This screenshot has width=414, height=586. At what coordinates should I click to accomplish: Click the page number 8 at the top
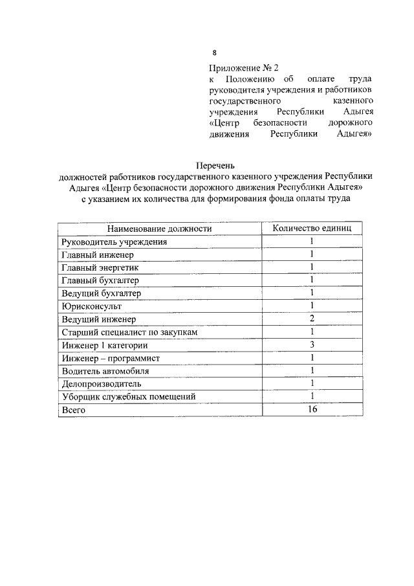[x=215, y=53]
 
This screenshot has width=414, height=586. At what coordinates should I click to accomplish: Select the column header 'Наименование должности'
[x=159, y=229]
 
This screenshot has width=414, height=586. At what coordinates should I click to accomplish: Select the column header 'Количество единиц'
[x=311, y=229]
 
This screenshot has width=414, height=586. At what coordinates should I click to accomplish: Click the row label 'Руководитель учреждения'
[x=114, y=242]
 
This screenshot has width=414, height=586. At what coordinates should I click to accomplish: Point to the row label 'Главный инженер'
[x=98, y=254]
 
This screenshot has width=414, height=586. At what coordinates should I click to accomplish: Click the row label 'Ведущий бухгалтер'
[x=101, y=293]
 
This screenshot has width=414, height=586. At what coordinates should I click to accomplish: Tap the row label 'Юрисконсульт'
[x=91, y=306]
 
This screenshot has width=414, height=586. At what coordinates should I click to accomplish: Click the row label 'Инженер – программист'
[x=111, y=358]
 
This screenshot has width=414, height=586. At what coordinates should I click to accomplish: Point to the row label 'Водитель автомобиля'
[x=105, y=371]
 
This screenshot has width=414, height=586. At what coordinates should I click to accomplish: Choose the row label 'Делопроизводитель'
[x=101, y=384]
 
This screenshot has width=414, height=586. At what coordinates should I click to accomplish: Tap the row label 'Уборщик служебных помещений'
[x=127, y=397]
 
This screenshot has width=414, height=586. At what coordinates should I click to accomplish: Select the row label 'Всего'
[x=73, y=411]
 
